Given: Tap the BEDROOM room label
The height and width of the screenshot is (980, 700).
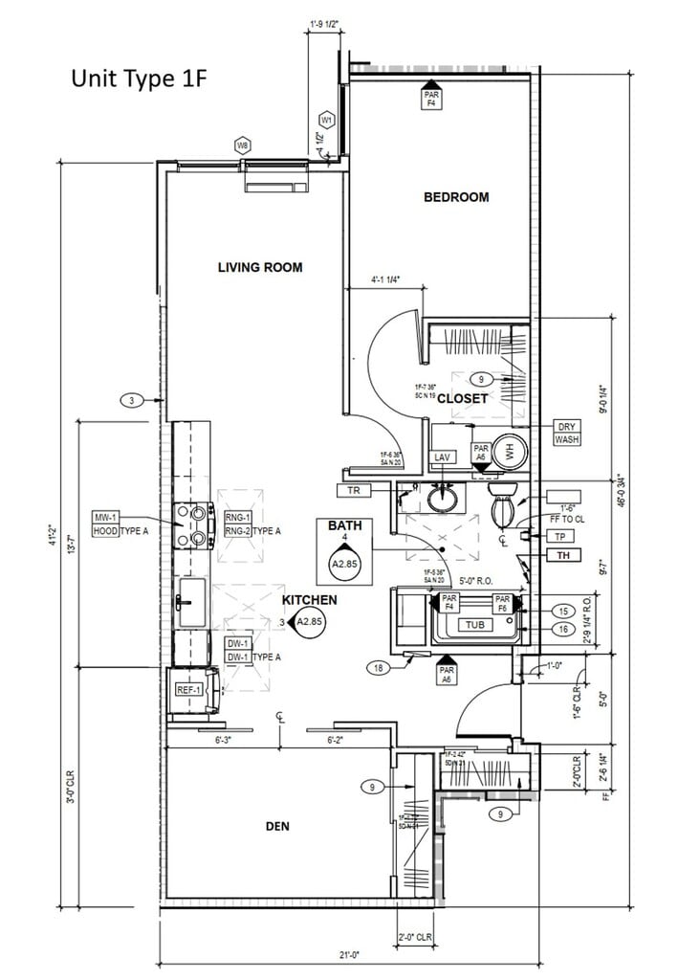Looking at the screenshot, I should pyautogui.click(x=456, y=197).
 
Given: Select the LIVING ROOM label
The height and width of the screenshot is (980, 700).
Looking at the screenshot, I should pyautogui.click(x=260, y=267).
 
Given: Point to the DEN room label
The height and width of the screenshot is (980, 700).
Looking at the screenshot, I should pyautogui.click(x=277, y=826).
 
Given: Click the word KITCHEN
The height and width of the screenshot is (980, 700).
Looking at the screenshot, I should pyautogui.click(x=309, y=600).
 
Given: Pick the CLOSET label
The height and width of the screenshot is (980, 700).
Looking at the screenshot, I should pyautogui.click(x=463, y=398).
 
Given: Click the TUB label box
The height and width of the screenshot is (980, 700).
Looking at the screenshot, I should pyautogui.click(x=475, y=625).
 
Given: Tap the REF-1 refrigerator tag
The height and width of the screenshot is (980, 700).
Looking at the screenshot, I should pyautogui.click(x=186, y=690).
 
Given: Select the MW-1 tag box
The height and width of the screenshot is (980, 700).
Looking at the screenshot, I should pyautogui.click(x=104, y=518).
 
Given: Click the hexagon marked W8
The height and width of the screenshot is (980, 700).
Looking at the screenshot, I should pyautogui.click(x=243, y=145).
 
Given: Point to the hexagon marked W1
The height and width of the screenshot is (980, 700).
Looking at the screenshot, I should pyautogui.click(x=327, y=121).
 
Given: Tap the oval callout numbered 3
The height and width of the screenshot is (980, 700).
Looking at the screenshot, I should pyautogui.click(x=133, y=400).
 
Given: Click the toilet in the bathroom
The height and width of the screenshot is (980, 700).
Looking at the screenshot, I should pyautogui.click(x=503, y=506).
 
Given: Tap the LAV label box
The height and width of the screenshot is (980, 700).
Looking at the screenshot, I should pyautogui.click(x=442, y=458).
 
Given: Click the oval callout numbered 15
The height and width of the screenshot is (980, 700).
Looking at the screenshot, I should pyautogui.click(x=564, y=611).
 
